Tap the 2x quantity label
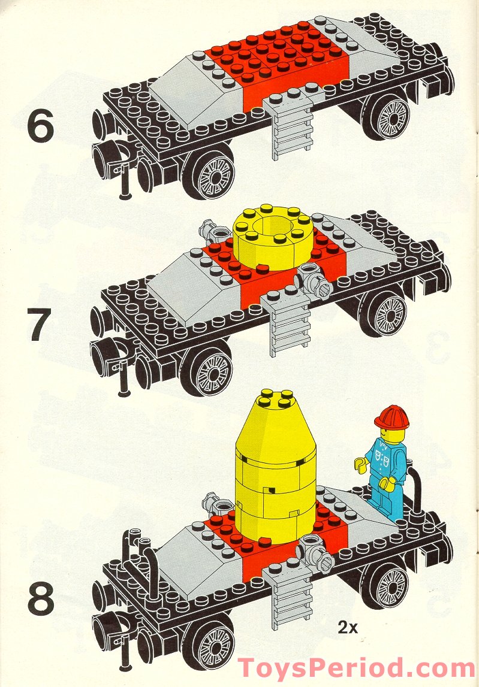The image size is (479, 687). point(347,628)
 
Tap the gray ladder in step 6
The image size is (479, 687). point(293,129)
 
